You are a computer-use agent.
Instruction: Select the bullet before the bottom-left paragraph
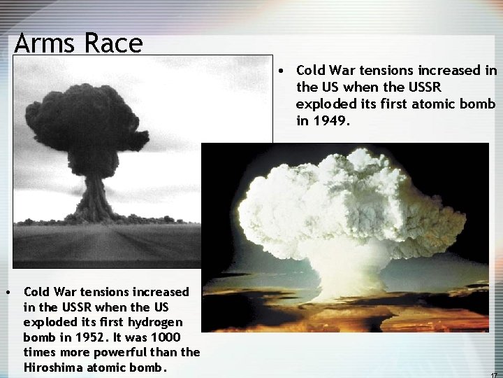click(x=6, y=291)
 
